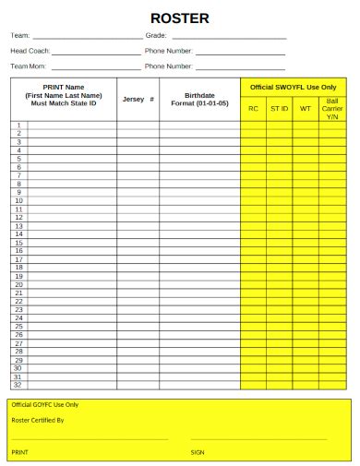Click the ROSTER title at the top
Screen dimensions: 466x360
click(x=180, y=18)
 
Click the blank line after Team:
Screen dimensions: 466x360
click(x=88, y=37)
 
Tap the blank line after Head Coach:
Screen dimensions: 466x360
click(x=96, y=53)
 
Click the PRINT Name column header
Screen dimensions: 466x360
click(x=64, y=96)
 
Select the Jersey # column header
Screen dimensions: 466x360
click(x=138, y=99)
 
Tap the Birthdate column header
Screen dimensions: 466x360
click(x=199, y=99)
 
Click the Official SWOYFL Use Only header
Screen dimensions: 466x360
click(x=294, y=87)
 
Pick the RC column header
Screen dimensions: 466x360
click(x=253, y=108)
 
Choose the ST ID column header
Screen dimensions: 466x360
click(x=279, y=108)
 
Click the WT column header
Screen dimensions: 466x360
click(x=306, y=108)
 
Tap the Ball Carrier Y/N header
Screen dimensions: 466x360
click(x=332, y=108)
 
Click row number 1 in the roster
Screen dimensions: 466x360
click(x=18, y=125)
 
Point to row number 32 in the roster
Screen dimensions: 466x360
click(x=18, y=385)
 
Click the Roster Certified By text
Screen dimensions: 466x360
click(x=38, y=421)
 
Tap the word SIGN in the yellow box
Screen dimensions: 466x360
click(x=198, y=452)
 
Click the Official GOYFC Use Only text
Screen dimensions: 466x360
click(x=45, y=405)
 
